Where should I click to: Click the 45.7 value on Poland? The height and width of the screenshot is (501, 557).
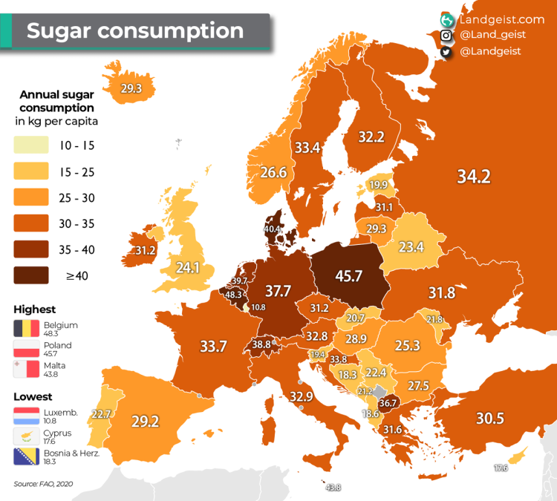coord(348,276)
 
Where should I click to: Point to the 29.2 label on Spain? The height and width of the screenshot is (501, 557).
coord(146,421)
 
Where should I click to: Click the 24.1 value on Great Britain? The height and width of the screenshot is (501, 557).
coord(187,265)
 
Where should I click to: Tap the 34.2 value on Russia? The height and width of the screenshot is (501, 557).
coord(473,177)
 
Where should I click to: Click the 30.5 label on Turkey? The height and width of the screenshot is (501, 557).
coord(489,418)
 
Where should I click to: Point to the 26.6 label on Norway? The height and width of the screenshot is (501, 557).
coord(273,172)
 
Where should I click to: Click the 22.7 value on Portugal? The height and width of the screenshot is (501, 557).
coord(101,413)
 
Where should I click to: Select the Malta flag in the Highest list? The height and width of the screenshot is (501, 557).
coord(26,370)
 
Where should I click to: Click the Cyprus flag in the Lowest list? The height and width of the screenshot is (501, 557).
coord(26,436)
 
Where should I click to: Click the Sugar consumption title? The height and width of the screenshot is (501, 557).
coord(135,30)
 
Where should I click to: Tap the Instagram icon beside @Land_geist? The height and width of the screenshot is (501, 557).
coord(446,35)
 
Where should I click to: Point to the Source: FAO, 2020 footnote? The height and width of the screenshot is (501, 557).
coord(43,484)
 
